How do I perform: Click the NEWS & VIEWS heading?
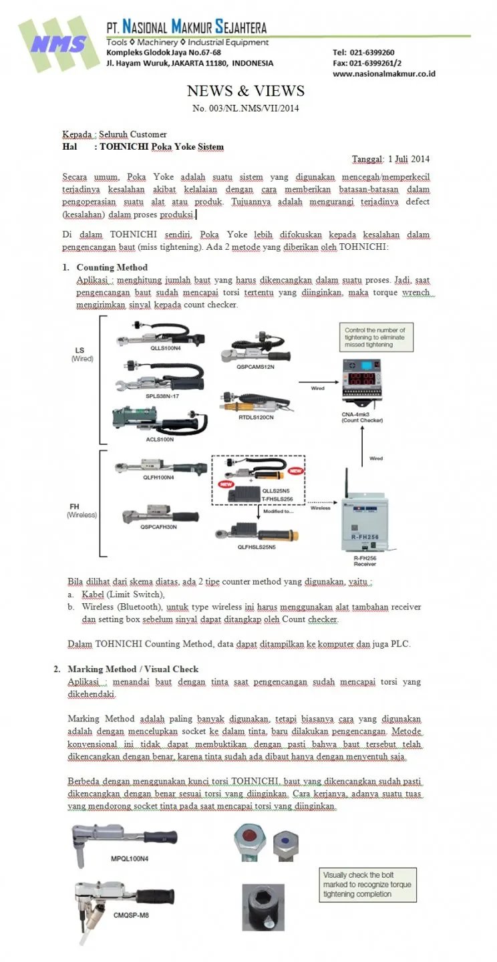(245, 91)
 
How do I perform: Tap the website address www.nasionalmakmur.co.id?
(383, 73)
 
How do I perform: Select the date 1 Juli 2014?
(408, 159)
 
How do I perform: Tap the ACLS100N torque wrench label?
(159, 440)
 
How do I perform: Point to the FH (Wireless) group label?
(81, 511)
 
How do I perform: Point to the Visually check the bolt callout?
(367, 885)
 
